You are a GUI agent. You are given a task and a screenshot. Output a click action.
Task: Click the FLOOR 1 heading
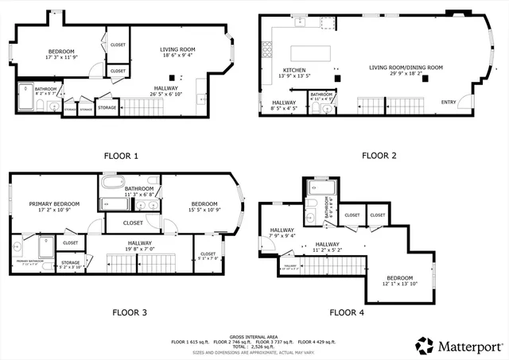click(x=120, y=155)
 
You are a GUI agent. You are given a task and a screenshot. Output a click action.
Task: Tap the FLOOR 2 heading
click(x=379, y=155)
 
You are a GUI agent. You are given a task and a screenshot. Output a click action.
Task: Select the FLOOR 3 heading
click(x=130, y=312)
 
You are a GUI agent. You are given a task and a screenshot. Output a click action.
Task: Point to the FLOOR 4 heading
click(x=347, y=312)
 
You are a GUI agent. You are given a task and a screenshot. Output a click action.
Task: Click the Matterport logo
click(x=457, y=345)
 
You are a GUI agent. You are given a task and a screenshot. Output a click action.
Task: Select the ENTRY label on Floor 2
click(x=449, y=102)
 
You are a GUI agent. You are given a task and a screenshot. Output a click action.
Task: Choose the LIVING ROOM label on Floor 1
click(x=177, y=49)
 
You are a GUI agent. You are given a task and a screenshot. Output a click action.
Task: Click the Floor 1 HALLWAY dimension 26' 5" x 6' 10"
click(x=165, y=93)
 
